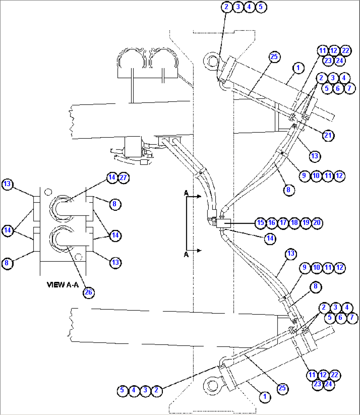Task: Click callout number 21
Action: (x=328, y=135)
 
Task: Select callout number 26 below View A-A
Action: (x=89, y=292)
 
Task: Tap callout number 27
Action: (x=123, y=178)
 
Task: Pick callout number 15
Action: (x=261, y=223)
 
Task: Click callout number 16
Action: (x=272, y=223)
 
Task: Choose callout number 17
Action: (x=283, y=223)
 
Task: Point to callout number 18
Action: (x=294, y=223)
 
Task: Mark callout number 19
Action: (x=306, y=223)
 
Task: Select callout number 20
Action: (x=317, y=223)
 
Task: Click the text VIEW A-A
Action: (x=63, y=284)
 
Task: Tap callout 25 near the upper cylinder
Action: (x=274, y=57)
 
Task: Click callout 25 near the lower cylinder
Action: (x=282, y=388)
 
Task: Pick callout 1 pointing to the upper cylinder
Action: (x=298, y=68)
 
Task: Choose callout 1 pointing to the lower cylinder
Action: (x=264, y=396)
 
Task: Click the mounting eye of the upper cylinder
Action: (x=211, y=61)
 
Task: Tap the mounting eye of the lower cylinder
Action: (x=211, y=385)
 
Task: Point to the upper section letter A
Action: (x=186, y=193)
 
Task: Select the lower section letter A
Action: (x=186, y=254)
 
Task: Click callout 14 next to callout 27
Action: (x=112, y=177)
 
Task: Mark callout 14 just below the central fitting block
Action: (x=270, y=238)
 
